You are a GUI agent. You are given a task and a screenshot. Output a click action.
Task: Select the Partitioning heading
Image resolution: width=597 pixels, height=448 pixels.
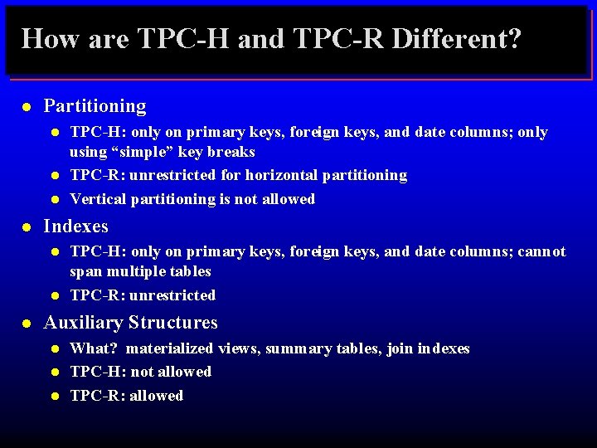coord(95,106)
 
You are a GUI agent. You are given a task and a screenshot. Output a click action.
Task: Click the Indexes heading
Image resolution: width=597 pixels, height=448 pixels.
coord(75,226)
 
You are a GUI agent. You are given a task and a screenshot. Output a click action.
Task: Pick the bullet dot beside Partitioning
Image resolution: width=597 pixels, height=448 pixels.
coord(27,107)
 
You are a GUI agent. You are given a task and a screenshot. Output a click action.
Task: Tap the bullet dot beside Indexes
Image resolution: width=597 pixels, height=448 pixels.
coord(27,226)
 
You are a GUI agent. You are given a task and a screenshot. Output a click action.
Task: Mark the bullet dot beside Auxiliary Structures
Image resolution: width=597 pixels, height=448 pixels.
coord(27,323)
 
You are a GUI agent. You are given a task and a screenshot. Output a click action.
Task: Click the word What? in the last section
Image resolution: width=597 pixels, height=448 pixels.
coord(93,348)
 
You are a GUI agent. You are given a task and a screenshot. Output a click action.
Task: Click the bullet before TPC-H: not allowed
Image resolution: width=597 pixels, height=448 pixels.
coord(55,373)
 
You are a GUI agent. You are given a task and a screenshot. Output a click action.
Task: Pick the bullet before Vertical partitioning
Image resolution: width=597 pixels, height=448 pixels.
coord(55,199)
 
